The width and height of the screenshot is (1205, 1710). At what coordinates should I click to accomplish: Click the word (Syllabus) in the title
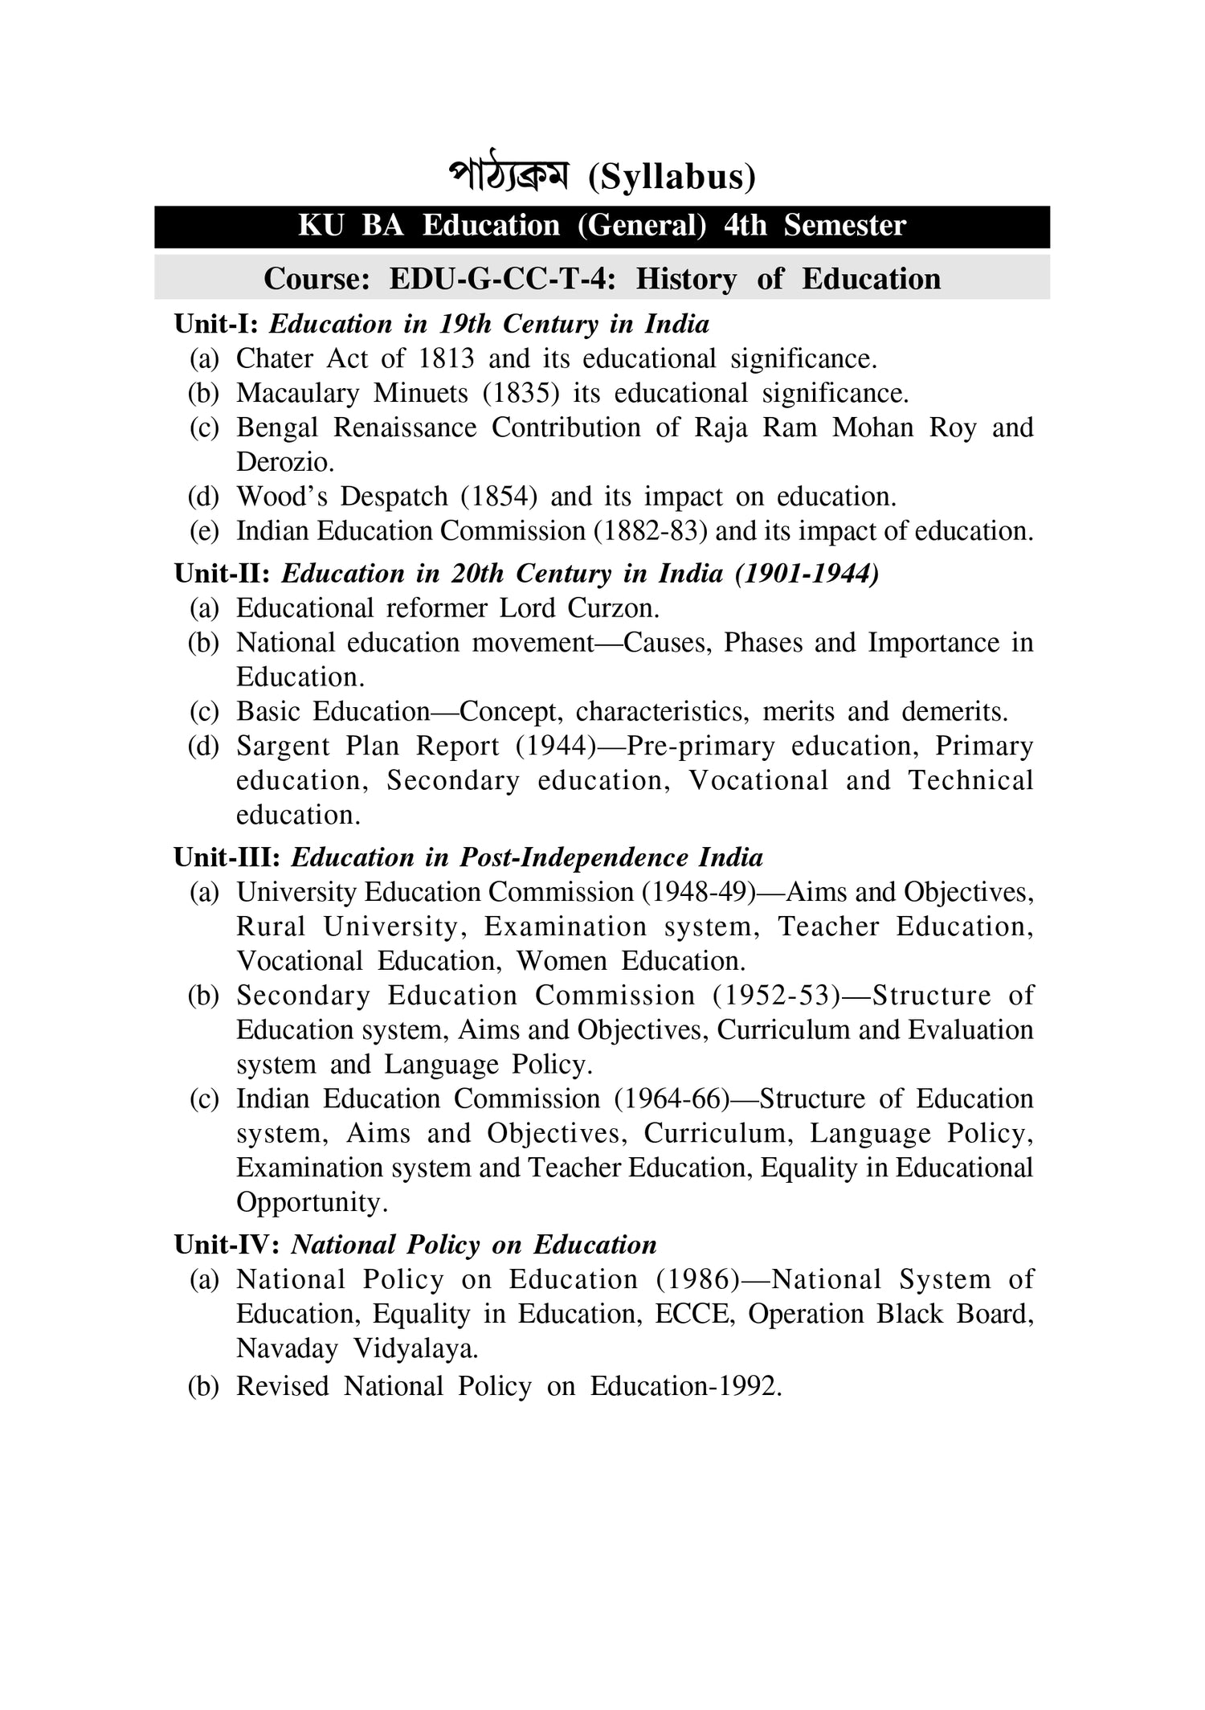pos(672,178)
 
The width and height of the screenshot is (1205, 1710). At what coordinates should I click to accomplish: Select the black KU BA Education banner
pos(602,226)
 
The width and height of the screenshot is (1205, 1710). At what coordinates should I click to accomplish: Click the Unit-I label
pos(216,325)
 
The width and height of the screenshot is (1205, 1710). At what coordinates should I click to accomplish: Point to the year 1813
pos(446,358)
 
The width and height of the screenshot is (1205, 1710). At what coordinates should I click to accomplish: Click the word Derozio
pos(284,462)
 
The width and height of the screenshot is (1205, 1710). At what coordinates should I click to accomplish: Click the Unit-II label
pos(222,574)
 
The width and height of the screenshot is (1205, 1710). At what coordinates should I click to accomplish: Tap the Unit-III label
pos(227,858)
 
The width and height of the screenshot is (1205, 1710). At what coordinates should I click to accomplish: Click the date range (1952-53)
pos(775,996)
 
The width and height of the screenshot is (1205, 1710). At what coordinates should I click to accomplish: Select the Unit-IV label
pos(227,1246)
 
